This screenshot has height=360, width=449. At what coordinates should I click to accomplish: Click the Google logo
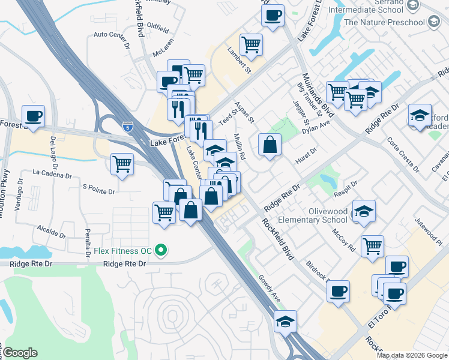pos(19,353)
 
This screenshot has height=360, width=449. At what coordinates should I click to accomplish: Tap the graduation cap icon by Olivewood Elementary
pos(364,212)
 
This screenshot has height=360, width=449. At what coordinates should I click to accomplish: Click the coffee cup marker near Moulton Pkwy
pos(34,115)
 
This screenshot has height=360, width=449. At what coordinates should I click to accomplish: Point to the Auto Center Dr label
pos(112,35)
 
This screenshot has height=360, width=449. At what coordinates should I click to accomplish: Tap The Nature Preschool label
pos(384,23)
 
